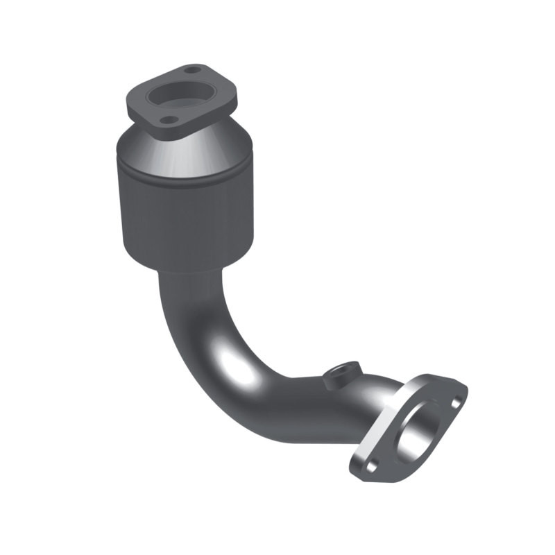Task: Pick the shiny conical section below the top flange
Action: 208,149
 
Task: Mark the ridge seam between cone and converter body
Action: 187,178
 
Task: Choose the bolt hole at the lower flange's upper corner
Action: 456,401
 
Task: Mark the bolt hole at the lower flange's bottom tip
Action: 371,466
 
